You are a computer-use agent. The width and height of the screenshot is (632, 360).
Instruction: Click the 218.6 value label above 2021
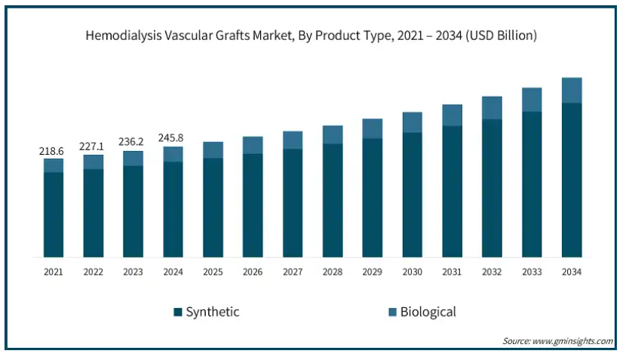(x=51, y=151)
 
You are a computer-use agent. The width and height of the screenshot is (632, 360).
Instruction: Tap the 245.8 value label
(x=170, y=138)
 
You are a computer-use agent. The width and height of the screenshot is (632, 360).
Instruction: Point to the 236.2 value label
(x=130, y=141)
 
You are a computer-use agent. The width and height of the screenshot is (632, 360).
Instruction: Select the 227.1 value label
(x=91, y=146)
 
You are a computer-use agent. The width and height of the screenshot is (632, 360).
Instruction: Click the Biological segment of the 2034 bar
(x=572, y=91)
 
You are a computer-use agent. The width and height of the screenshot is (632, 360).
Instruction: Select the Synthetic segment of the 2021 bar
(x=54, y=214)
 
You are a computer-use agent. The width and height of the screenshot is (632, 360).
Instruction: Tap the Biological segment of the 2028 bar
(x=333, y=134)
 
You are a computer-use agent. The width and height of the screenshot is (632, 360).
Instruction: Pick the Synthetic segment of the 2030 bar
(x=413, y=195)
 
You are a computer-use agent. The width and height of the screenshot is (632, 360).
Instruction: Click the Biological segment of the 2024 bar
(x=173, y=154)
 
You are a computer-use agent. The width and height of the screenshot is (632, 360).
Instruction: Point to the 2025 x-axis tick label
(x=213, y=272)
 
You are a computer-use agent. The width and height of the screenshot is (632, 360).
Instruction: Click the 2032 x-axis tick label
(x=492, y=272)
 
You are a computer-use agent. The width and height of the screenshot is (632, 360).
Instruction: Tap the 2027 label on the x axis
(x=293, y=272)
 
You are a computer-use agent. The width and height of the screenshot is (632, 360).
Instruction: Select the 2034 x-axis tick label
(x=572, y=272)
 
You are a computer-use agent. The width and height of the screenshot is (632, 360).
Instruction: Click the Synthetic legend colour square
(x=178, y=312)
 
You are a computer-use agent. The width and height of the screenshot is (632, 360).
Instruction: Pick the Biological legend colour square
(x=392, y=312)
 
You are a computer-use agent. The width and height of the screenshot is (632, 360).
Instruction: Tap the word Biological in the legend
(x=428, y=312)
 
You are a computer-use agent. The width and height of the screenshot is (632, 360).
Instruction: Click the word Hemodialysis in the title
(x=124, y=36)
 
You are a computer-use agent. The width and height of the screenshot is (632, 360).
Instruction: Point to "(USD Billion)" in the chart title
(x=501, y=35)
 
